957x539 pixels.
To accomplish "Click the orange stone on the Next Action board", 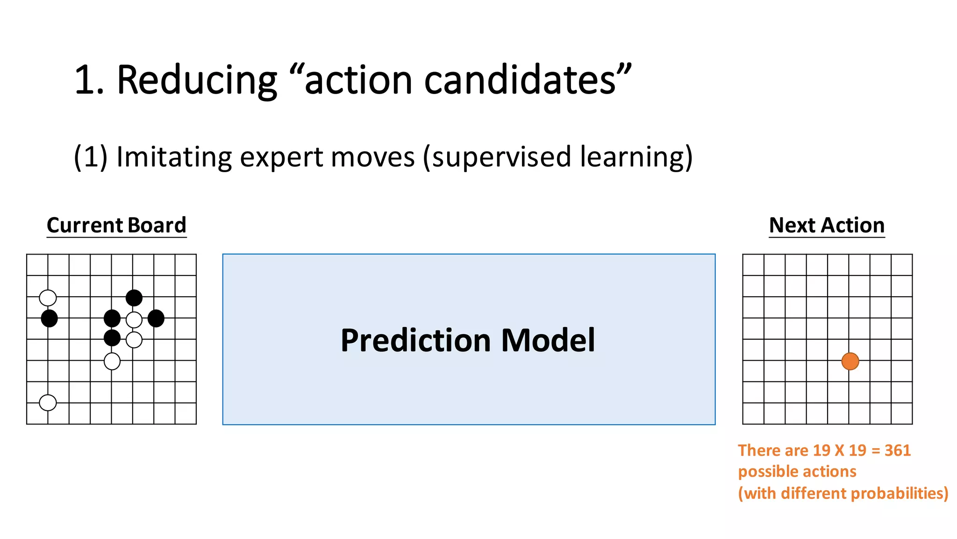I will [x=850, y=361].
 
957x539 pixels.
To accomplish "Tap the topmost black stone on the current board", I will [x=134, y=298].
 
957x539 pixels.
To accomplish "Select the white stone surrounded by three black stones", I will [x=134, y=320].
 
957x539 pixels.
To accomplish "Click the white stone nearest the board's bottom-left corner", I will [x=48, y=402].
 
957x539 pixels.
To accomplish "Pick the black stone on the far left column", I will [x=49, y=319].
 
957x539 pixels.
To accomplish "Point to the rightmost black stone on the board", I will [x=156, y=319].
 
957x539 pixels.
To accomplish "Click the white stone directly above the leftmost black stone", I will [x=48, y=298].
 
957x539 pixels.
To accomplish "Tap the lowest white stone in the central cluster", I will [x=112, y=361].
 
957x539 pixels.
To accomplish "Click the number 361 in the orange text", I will [x=897, y=451].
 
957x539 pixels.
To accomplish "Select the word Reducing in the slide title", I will [x=197, y=80].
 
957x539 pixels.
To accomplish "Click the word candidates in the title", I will [x=520, y=80].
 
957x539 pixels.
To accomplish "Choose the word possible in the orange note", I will [x=765, y=472].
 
